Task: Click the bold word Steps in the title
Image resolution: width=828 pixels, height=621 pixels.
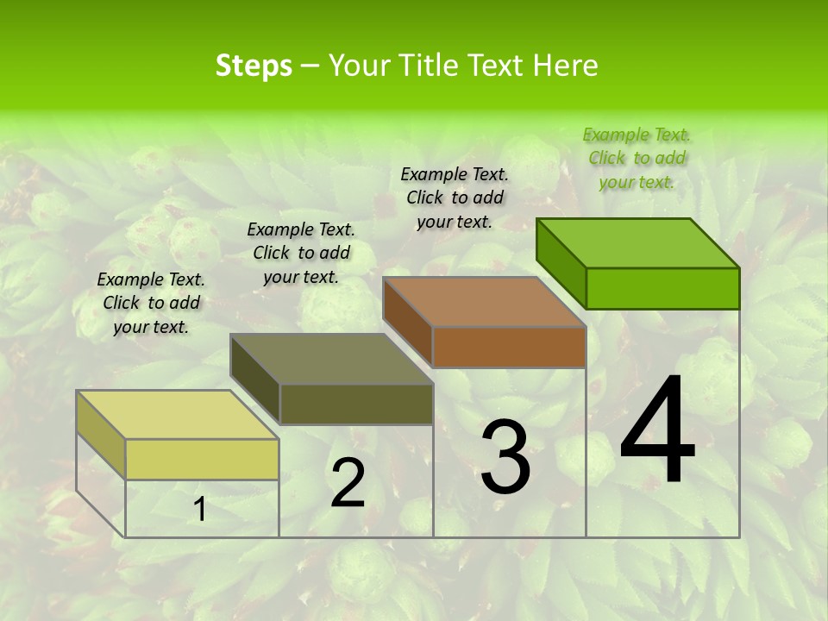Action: [253, 66]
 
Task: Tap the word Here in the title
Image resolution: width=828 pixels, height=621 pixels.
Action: [566, 66]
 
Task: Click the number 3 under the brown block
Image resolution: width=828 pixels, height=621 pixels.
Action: [505, 457]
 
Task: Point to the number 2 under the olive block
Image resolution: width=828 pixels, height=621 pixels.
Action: [348, 483]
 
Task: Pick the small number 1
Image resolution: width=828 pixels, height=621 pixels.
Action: [199, 510]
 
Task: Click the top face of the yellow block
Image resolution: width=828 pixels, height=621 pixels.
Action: [177, 414]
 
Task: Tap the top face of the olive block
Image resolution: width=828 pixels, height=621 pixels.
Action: [331, 359]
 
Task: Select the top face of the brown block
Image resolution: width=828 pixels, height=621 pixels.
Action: [485, 302]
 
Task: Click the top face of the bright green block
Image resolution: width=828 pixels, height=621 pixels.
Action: [638, 243]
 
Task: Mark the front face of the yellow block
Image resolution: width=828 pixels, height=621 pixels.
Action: [202, 459]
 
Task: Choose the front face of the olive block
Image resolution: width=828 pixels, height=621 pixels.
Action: [356, 404]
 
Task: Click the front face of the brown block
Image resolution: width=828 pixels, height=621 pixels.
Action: [509, 347]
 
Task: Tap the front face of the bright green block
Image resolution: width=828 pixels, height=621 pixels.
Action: [662, 288]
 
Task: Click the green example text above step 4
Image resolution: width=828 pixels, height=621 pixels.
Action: [637, 158]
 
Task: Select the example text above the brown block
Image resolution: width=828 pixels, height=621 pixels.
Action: [455, 198]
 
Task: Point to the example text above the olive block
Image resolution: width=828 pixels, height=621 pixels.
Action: [301, 253]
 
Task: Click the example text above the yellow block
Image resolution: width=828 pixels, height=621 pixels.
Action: [151, 303]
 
